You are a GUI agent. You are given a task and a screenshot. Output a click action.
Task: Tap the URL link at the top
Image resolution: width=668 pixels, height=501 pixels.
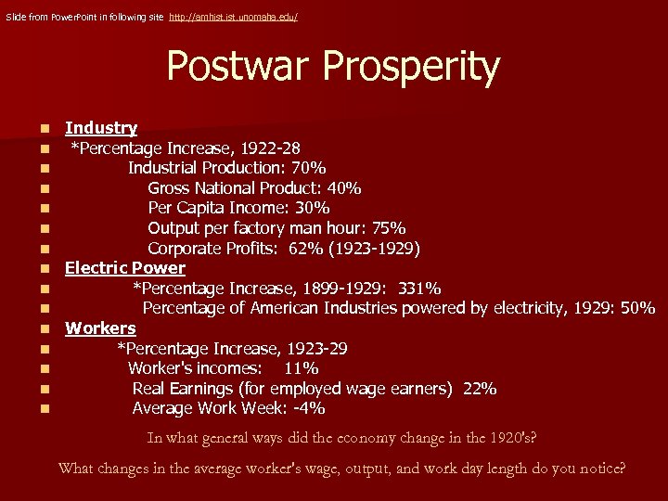[233, 18]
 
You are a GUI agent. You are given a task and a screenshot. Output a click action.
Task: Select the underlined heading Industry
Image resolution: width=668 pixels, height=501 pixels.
[101, 128]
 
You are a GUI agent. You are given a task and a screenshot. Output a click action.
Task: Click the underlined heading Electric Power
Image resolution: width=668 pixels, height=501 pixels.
[124, 268]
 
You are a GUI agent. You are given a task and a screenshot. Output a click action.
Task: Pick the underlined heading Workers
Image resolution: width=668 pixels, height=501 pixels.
[100, 328]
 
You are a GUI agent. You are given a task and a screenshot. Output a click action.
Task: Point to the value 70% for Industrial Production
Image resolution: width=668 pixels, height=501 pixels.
[306, 169]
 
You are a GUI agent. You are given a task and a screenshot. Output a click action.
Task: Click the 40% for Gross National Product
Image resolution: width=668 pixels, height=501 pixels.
[342, 188]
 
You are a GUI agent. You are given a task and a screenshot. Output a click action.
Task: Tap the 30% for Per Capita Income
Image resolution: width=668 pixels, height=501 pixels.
[313, 209]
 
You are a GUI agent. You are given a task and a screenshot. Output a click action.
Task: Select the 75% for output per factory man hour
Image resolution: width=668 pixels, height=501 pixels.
[387, 228]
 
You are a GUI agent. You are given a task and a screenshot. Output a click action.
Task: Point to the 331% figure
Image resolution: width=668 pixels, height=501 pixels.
[419, 289]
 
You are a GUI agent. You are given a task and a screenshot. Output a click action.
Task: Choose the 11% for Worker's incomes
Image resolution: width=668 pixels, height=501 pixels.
[301, 369]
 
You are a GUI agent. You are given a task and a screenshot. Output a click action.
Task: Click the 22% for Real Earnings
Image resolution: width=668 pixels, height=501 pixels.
[479, 389]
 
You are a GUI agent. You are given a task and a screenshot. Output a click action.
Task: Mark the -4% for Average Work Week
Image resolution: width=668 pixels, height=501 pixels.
[306, 409]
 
